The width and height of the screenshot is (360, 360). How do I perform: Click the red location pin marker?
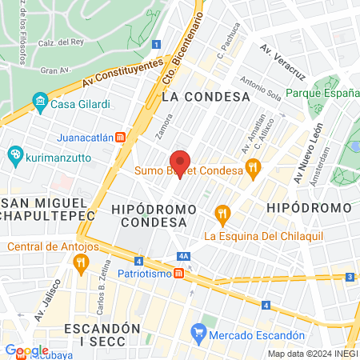(181, 162)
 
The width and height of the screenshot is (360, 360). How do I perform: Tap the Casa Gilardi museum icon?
(40, 102)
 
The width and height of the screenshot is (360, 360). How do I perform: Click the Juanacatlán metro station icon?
(120, 137)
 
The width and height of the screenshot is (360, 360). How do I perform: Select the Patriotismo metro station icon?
(179, 273)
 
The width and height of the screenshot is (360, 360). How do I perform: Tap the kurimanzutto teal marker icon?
(14, 154)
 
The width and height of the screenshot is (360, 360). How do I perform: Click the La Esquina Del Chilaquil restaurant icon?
(222, 213)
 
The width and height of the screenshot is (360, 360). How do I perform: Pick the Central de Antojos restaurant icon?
(80, 262)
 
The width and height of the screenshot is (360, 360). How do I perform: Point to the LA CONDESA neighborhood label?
(206, 96)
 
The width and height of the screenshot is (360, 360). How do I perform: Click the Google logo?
(26, 350)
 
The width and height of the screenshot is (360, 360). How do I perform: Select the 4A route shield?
(184, 256)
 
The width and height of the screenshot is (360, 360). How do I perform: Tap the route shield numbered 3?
(350, 277)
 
